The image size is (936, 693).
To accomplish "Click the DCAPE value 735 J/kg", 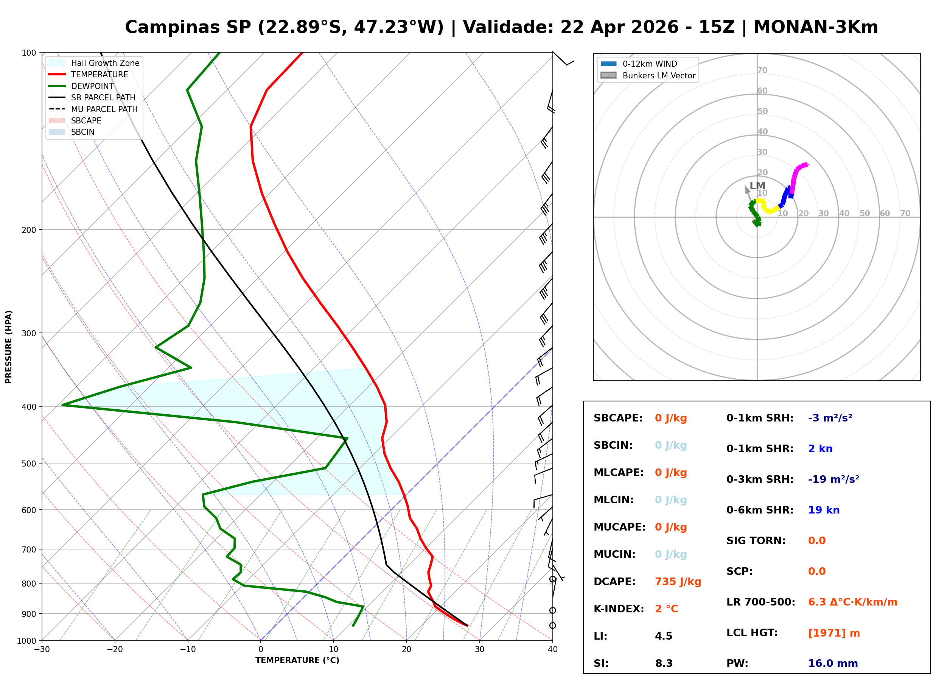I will tap(678, 581).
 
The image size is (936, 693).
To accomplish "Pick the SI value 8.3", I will tap(664, 663).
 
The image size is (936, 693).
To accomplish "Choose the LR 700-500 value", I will tap(852, 602).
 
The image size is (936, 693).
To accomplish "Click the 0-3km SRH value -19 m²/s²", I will tap(833, 479).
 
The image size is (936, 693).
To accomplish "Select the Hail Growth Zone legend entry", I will tap(105, 63).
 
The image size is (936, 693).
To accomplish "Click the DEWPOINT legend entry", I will tap(92, 86).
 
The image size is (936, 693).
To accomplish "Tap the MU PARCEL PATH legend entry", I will tap(104, 109).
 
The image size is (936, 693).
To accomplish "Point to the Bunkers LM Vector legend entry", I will tap(658, 75).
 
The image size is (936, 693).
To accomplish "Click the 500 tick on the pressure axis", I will tap(28, 464).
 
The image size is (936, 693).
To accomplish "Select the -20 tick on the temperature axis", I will tap(114, 649).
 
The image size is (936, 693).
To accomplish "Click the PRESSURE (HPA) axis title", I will tap(9, 346).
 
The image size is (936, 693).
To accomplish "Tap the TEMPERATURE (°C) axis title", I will tap(297, 660).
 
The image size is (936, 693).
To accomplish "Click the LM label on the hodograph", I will tap(757, 186).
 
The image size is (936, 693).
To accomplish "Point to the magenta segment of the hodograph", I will tap(795, 176).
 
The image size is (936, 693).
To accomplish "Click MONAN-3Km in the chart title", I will tap(815, 27).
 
